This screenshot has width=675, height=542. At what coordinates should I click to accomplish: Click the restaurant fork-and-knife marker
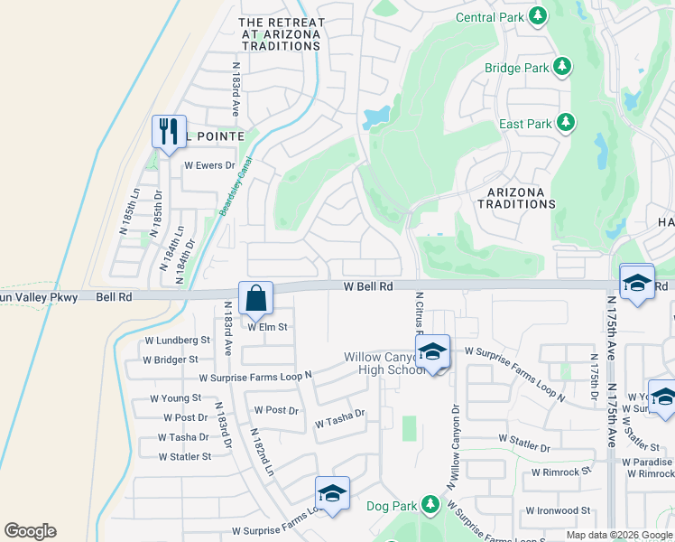[x=169, y=132]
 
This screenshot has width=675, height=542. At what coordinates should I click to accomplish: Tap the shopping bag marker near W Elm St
[x=255, y=298]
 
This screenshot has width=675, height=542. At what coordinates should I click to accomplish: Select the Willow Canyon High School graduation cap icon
[x=433, y=352]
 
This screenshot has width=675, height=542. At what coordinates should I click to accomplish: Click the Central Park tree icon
[x=539, y=16]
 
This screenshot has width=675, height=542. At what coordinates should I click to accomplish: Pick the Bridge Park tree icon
[x=562, y=67]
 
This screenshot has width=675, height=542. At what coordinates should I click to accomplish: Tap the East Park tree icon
[x=566, y=123]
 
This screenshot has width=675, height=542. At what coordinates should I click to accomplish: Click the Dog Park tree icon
[x=430, y=504]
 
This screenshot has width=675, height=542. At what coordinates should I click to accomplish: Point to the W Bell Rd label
[x=368, y=286]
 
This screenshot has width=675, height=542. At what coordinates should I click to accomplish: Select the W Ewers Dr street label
[x=209, y=166]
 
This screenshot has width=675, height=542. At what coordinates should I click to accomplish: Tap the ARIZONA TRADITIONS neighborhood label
[x=522, y=198]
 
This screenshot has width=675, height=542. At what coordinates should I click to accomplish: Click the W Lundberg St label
[x=177, y=341]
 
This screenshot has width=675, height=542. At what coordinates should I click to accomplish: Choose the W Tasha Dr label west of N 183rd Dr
[x=183, y=437]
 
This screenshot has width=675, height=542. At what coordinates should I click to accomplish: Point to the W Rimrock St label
[x=560, y=472]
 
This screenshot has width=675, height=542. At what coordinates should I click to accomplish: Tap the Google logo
[x=30, y=531]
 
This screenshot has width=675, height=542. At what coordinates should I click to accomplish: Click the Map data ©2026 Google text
[x=618, y=535]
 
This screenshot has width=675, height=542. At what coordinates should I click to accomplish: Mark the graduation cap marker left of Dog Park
[x=332, y=493]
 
